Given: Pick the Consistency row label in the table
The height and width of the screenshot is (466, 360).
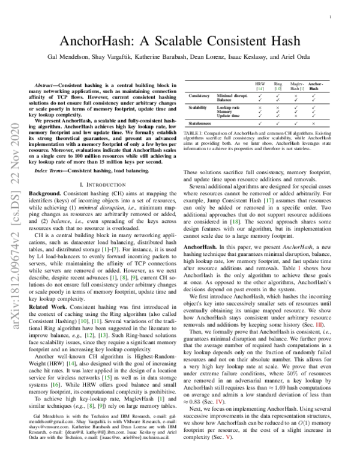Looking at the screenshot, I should pos(199,95).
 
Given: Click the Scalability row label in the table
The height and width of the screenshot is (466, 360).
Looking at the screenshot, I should pos(199,106).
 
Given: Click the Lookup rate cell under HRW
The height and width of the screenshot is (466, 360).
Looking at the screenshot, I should pos(260,106).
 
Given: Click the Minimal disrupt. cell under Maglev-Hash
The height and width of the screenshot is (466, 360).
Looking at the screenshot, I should pos(296,95).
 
